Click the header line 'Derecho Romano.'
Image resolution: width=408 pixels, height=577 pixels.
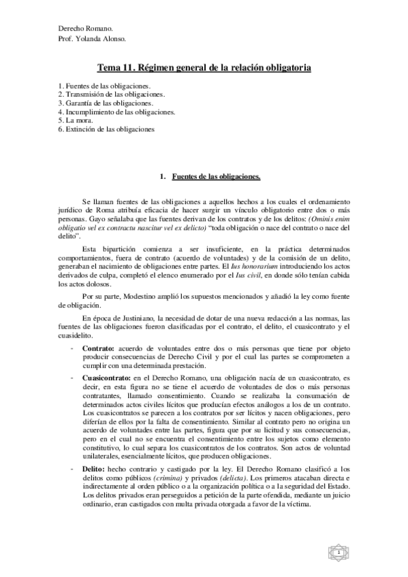coord(85,29)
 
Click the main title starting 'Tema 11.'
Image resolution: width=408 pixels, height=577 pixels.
coord(204,69)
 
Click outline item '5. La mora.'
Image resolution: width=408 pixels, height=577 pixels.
coord(75,120)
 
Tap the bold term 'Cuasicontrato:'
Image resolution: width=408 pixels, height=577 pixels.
coord(108,376)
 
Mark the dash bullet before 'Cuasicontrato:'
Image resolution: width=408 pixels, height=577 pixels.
coord(72,376)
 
